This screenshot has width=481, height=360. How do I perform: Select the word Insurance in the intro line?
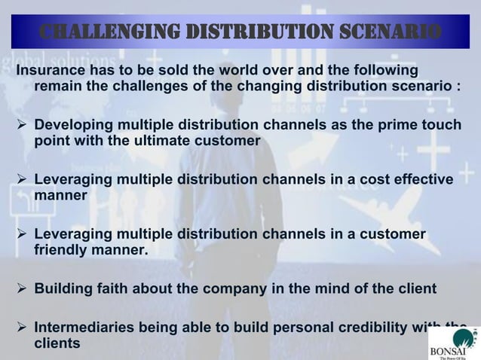[x=51, y=70]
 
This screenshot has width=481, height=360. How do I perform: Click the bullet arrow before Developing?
[x=22, y=124]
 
